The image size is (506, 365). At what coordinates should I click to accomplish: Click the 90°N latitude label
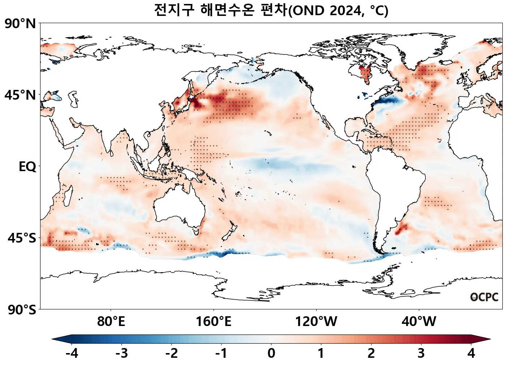pos(21,24)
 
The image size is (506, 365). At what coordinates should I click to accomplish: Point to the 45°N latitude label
pos(21,95)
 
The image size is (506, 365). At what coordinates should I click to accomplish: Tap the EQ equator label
pos(27,167)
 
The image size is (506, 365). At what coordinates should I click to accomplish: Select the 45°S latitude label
pos(22,238)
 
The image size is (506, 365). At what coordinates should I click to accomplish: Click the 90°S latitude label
pos(22,310)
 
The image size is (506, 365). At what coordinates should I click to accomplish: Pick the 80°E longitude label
pos(111,321)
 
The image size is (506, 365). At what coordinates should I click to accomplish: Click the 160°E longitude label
pos(214,321)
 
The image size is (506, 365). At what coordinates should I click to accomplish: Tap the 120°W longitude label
pos(316,321)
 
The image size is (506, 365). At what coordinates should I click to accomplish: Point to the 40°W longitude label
pos(419,321)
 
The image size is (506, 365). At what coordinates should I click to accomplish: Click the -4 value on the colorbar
pos(72,353)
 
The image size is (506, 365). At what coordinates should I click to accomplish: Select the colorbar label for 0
pos(271,353)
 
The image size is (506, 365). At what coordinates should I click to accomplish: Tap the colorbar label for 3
pos(421,353)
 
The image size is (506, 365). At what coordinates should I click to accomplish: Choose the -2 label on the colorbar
pos(172,353)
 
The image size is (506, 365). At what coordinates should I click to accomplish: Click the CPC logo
pos(484,297)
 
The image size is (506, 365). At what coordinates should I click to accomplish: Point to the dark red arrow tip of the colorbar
pos(484,339)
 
